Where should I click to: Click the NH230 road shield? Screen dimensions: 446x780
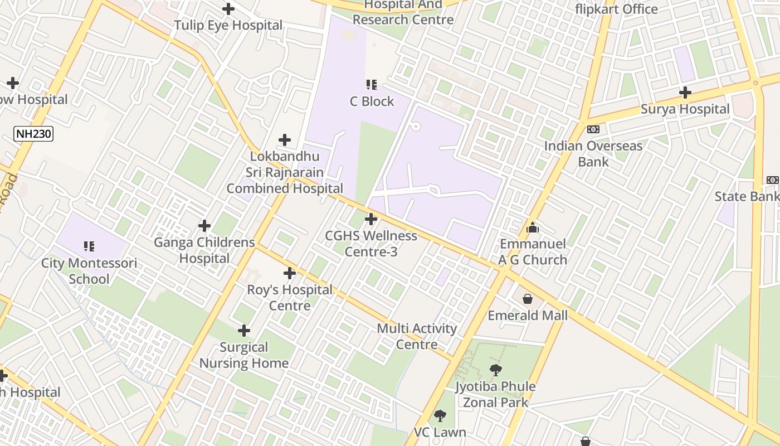tap(33, 133)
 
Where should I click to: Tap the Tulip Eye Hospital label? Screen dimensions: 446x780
tap(228, 25)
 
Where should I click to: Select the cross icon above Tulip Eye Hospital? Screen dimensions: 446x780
tap(228, 9)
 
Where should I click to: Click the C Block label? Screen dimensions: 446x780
tap(372, 101)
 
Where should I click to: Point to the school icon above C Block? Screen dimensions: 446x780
tap(372, 85)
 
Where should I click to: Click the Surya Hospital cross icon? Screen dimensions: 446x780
tap(685, 93)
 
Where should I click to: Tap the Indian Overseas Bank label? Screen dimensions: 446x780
tap(593, 154)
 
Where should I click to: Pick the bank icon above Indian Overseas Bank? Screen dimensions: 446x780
tap(593, 129)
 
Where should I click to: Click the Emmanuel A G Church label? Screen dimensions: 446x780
tap(533, 251)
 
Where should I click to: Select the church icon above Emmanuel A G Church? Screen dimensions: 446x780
tap(533, 227)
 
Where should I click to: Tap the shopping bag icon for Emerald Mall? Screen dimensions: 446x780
tap(528, 299)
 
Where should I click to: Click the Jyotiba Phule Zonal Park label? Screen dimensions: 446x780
tap(495, 394)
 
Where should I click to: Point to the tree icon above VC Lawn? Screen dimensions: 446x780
tap(440, 415)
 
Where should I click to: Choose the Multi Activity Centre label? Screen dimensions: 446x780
tap(417, 336)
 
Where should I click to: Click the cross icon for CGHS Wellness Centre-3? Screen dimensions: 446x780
tap(371, 219)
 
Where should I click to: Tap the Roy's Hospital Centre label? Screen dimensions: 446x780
tap(290, 298)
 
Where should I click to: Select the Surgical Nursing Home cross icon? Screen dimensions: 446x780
tap(244, 331)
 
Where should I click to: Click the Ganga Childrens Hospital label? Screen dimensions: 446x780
tap(204, 250)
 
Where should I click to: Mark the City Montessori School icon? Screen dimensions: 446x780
tap(89, 246)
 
